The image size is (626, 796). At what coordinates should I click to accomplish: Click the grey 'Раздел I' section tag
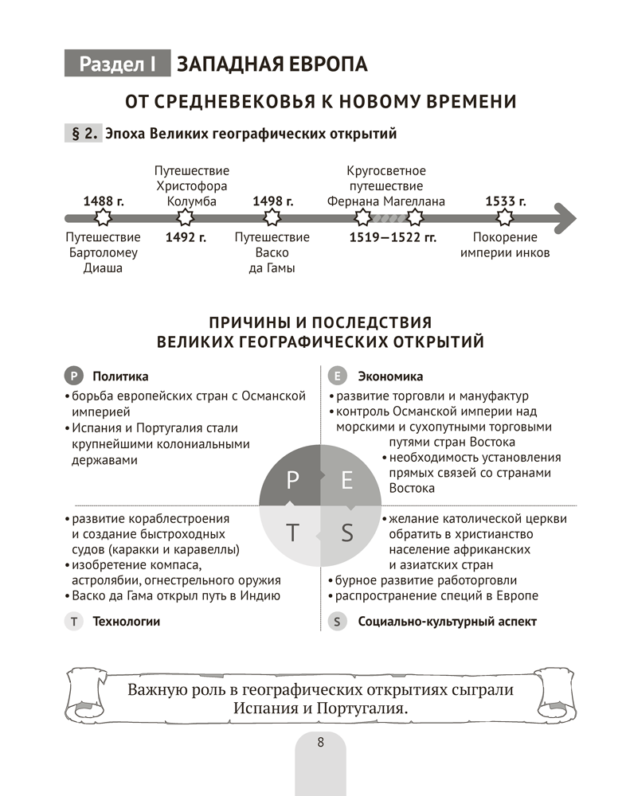click(x=117, y=64)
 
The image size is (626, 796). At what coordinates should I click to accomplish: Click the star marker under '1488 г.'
click(x=104, y=217)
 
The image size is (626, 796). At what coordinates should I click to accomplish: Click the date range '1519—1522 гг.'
click(x=393, y=237)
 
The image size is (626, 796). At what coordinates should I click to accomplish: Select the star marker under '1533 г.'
click(x=505, y=217)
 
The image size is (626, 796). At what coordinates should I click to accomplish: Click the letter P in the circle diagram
click(x=292, y=479)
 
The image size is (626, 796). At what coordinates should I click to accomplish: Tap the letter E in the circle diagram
click(x=346, y=479)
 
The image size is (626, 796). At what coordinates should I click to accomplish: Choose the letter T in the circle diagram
click(x=292, y=533)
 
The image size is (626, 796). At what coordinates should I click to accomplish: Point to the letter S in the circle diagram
click(x=346, y=533)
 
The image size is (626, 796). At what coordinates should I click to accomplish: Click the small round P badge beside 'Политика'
click(x=73, y=377)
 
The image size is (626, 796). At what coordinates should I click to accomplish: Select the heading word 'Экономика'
click(x=390, y=377)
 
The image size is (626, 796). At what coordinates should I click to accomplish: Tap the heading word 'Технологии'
click(x=126, y=622)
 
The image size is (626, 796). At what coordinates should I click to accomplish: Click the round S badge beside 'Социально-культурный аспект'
click(x=338, y=622)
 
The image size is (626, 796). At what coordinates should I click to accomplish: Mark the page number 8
click(x=320, y=743)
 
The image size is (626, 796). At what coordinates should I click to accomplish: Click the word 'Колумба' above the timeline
click(x=192, y=201)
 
